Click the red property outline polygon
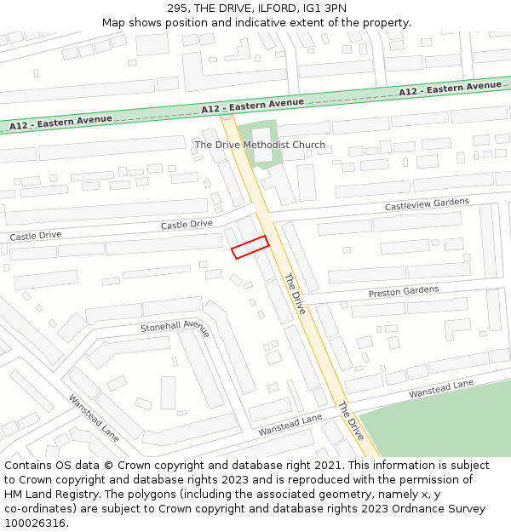click(250, 247)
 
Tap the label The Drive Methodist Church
click(260, 145)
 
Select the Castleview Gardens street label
click(427, 204)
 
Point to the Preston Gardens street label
click(404, 292)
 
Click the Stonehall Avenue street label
click(175, 327)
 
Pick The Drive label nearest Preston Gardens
click(295, 294)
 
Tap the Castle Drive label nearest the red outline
click(187, 224)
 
